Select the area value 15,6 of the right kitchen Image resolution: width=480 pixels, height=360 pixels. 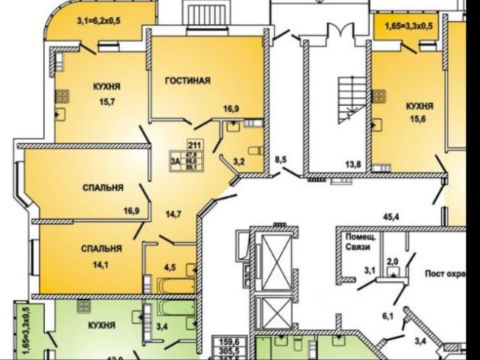(x=418, y=119)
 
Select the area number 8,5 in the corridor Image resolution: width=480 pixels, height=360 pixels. (x=280, y=159)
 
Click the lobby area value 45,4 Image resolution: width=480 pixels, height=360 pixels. (x=388, y=218)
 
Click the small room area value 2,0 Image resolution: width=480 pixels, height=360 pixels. (x=391, y=262)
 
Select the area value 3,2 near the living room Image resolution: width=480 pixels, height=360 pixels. (x=238, y=160)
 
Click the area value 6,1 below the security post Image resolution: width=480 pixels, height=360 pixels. (x=387, y=316)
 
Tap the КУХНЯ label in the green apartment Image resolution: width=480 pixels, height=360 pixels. (x=100, y=325)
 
